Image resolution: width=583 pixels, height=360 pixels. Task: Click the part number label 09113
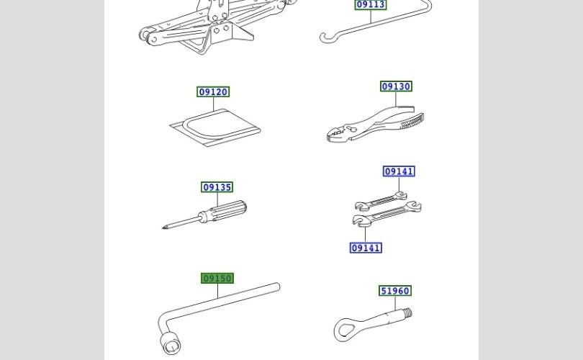tap(371, 4)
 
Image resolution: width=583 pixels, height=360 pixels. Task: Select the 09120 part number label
tap(213, 92)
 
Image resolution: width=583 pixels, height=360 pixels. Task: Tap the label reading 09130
tap(396, 86)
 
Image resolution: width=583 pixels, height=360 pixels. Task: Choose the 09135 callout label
tap(217, 187)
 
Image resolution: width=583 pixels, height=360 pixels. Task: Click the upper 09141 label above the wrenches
tap(399, 171)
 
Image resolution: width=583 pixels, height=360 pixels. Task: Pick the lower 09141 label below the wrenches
tap(366, 248)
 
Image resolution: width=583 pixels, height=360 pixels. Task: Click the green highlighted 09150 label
tap(217, 278)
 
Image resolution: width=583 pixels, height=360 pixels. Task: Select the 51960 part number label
tap(395, 291)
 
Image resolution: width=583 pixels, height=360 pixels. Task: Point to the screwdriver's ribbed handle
tap(227, 210)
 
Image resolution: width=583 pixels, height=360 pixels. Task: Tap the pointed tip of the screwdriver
tap(163, 228)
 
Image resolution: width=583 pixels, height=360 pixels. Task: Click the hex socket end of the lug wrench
tap(171, 343)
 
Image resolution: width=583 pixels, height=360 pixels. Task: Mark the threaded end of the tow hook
tap(407, 312)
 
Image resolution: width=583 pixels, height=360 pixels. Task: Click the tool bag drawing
tap(215, 127)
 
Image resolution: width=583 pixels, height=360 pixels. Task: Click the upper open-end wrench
tap(381, 201)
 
